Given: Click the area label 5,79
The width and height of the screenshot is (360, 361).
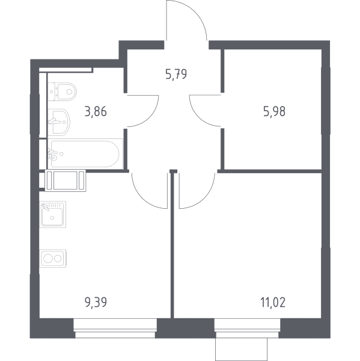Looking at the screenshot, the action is tap(176, 75).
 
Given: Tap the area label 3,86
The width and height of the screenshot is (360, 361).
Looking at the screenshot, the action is tap(96, 112).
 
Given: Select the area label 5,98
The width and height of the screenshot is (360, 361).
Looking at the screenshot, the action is tap(274, 112).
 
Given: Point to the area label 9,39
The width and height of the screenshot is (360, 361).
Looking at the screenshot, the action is tap(96, 302).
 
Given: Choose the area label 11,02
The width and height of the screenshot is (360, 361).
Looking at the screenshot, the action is tap(273, 302).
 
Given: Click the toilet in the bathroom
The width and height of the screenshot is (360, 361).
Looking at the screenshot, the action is tap(63, 91).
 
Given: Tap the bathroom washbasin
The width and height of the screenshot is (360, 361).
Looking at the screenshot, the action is tap(59, 122).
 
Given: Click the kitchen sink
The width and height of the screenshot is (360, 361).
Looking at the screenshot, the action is tap(53, 214).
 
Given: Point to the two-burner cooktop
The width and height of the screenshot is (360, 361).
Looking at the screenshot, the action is tap(53, 258).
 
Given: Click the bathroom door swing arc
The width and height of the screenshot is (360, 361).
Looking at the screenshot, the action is tap(153, 117).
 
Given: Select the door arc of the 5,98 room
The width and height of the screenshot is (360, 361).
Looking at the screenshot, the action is tap(195, 117).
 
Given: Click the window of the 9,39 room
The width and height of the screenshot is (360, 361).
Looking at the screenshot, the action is tap(115, 328).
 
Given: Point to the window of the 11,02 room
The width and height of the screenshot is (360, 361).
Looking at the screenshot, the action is tap(247, 328).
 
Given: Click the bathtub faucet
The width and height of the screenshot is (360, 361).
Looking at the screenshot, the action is tap(53, 153).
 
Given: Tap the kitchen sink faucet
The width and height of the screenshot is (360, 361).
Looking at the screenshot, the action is tap(46, 207).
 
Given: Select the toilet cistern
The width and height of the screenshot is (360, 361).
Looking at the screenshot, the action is tap(51, 91).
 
